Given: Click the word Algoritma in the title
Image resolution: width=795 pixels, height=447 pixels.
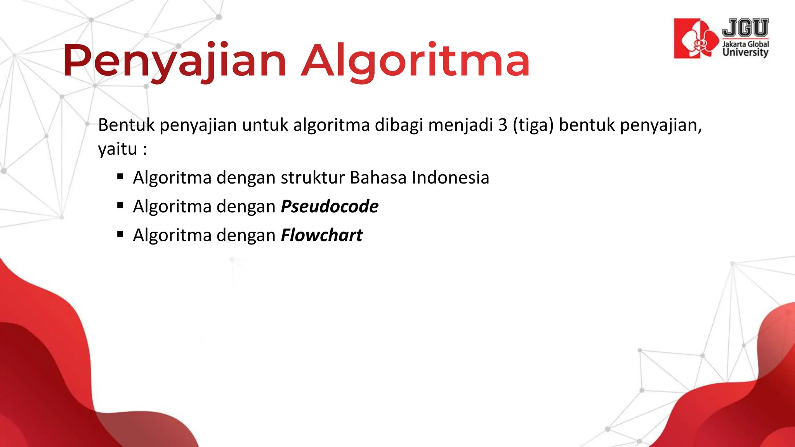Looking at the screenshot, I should (415, 61).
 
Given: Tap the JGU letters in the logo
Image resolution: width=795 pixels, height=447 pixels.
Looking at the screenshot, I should (745, 28).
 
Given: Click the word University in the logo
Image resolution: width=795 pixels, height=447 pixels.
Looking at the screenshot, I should (745, 52).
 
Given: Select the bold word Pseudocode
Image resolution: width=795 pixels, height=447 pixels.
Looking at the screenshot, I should (330, 206).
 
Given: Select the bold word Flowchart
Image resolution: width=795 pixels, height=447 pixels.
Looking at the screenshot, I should (321, 235).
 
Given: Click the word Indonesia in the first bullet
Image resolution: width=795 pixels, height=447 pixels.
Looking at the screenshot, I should (450, 178).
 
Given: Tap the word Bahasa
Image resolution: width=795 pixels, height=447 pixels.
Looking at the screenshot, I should (378, 178).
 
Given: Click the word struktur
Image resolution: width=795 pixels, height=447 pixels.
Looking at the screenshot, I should (313, 178).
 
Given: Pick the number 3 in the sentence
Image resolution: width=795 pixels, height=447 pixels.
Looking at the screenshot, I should (503, 125).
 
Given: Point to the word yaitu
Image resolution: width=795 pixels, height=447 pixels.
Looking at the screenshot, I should (118, 149).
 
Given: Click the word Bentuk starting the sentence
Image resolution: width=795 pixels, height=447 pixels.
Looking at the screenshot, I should (126, 125).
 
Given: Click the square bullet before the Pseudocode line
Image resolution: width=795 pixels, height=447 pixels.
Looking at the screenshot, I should (120, 206).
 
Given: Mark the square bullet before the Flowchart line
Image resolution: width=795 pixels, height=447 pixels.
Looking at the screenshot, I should (120, 234).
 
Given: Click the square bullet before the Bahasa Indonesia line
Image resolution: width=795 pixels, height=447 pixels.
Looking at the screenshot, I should (120, 177).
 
